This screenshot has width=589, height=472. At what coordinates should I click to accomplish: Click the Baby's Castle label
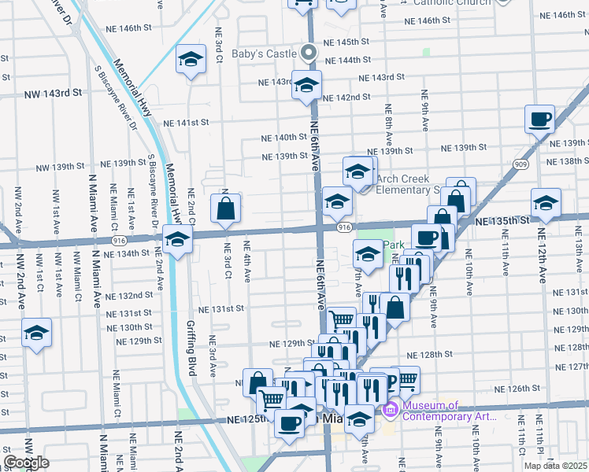(x=264, y=54)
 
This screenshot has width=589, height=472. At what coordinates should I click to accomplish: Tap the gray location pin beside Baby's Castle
(x=309, y=53)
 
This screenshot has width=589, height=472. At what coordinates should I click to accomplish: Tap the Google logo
(x=26, y=463)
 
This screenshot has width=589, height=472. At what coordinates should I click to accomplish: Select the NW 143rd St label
(x=53, y=93)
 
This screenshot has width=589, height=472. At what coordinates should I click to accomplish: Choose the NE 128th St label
(x=436, y=355)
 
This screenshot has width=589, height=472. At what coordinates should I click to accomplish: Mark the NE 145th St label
(x=346, y=42)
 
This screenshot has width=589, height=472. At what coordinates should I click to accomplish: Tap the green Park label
(x=393, y=245)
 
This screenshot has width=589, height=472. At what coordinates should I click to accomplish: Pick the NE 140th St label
(x=284, y=137)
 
